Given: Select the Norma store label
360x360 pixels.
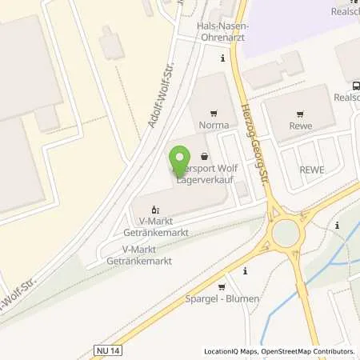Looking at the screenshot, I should [x=213, y=125].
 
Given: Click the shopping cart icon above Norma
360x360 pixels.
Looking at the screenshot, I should [x=213, y=114].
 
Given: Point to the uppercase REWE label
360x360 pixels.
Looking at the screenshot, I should [x=310, y=170].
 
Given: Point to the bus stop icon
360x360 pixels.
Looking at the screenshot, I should [x=354, y=85].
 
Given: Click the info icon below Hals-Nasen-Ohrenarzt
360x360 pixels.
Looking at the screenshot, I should [x=223, y=58].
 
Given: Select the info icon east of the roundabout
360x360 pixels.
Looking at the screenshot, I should [x=338, y=226].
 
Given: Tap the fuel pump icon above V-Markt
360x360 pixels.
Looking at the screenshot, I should [x=156, y=209].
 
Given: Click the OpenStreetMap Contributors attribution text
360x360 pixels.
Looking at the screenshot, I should [x=310, y=351].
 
